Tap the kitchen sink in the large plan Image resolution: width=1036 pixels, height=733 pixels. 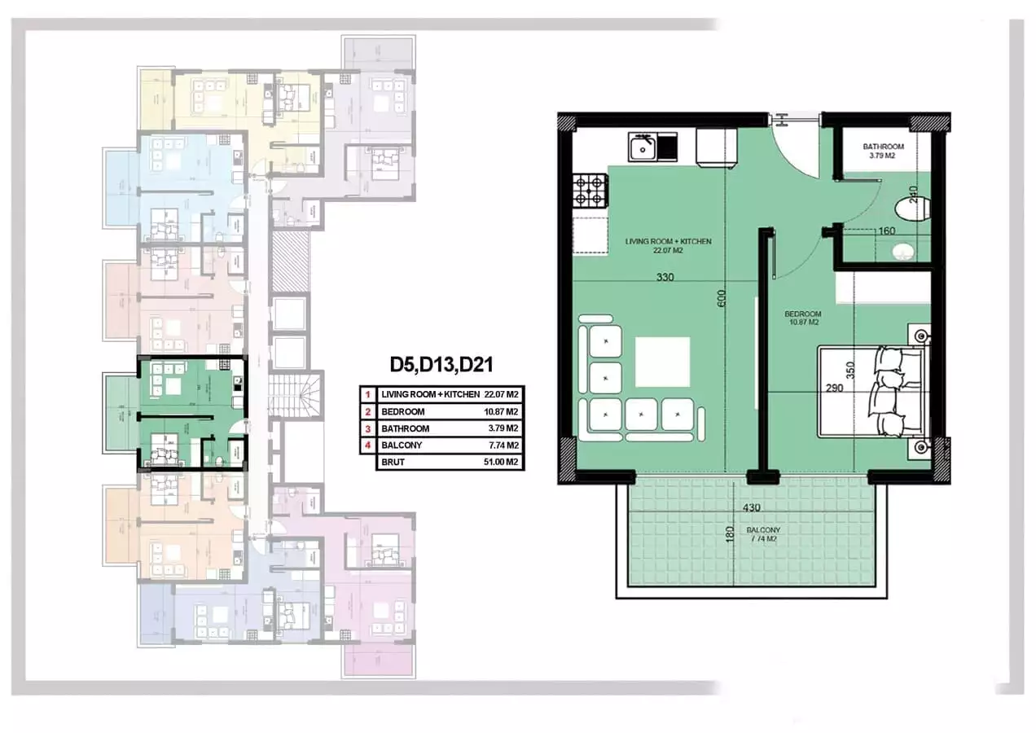tap(643, 148)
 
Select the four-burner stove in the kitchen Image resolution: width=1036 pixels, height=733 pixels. tap(590, 191)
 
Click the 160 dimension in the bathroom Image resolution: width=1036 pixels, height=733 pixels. tap(886, 231)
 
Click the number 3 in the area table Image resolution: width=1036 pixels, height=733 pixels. tap(368, 428)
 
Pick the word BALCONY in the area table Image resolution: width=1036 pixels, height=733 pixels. tap(399, 446)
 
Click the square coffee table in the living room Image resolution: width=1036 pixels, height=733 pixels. tap(662, 362)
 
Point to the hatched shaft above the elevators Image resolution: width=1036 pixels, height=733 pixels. tap(290, 261)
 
